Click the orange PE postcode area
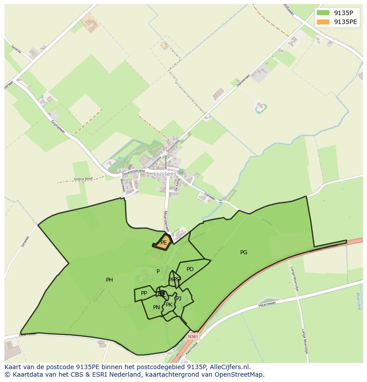163,242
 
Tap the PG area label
244,252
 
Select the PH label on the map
109,280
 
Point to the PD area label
190,269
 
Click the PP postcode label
144,293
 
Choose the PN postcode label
156,307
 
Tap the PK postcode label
169,305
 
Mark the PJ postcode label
179,299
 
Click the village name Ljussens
165,174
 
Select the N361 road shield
193,337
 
